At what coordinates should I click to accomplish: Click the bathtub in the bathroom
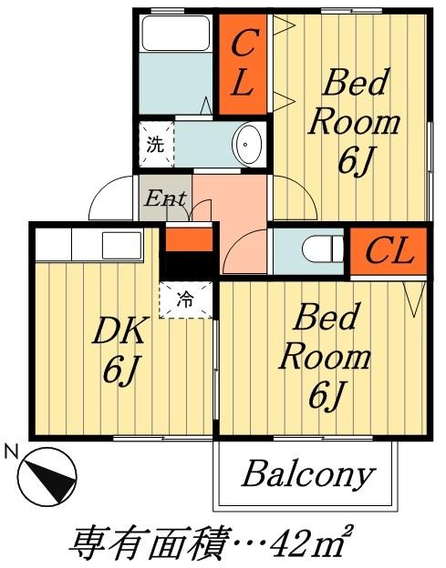176,34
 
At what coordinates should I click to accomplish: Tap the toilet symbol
323,248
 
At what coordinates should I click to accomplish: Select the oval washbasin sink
247,144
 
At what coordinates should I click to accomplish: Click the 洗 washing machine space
156,145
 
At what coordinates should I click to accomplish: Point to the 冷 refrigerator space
185,300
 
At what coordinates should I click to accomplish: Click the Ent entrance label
165,198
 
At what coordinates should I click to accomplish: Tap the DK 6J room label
120,349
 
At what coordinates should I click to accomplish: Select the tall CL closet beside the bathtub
244,64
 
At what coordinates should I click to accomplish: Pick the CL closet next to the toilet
389,251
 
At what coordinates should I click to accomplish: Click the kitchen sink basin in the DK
121,246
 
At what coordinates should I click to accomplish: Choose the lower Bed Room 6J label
326,357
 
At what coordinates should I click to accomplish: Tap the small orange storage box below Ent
190,239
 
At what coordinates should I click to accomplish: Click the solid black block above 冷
190,266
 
